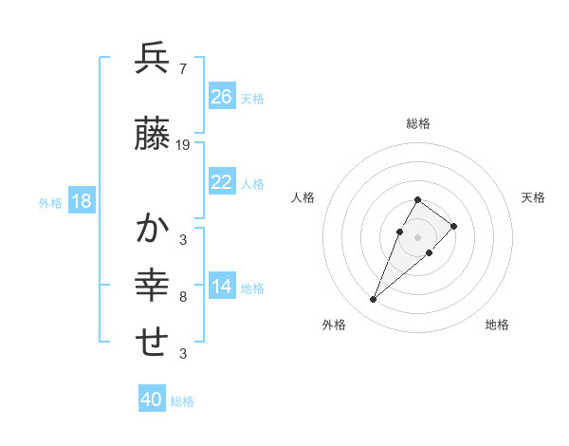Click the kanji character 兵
pos(153,59)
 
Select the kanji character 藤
pos(153,136)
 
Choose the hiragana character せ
pos(153,342)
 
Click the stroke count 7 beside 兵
pos(182,68)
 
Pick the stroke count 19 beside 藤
pos(183,145)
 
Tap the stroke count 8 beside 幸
pos(182,297)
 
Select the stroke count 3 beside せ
pos(182,354)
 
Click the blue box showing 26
pos(222,97)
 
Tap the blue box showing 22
pos(222,183)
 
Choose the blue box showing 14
pos(222,288)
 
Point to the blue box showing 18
pos(81,201)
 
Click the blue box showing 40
pos(152,400)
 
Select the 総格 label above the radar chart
pos(418,123)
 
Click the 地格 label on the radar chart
pos(497,325)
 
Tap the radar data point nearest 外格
pos(373,300)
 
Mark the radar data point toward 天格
pos(454,226)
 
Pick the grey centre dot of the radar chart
pos(418,236)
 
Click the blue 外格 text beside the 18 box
pos(50,202)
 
